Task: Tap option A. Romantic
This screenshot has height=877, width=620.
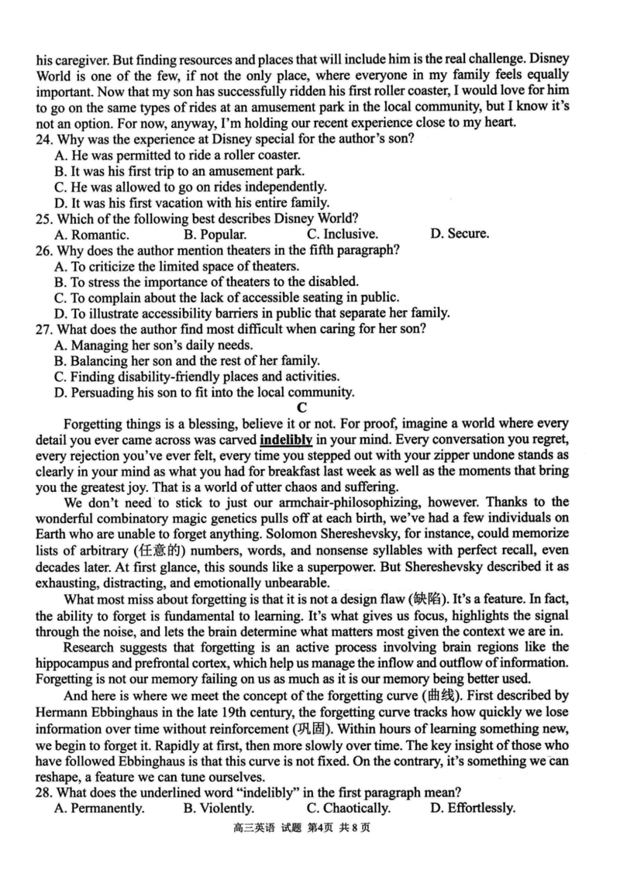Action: pyautogui.click(x=92, y=233)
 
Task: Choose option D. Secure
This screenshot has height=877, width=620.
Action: pyautogui.click(x=459, y=233)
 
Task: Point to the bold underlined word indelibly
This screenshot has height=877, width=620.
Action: pyautogui.click(x=286, y=441)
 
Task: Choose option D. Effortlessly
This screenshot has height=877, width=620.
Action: pyautogui.click(x=472, y=809)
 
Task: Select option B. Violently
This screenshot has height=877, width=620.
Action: pyautogui.click(x=219, y=809)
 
